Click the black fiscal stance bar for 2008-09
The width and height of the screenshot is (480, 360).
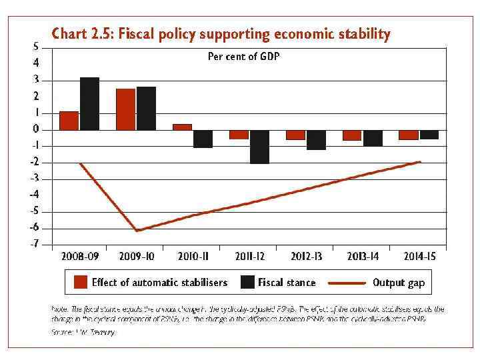click(x=89, y=104)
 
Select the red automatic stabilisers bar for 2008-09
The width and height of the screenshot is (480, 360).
click(x=69, y=121)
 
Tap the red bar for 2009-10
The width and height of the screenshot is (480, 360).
click(x=125, y=109)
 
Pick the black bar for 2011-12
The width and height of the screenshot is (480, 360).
click(x=260, y=147)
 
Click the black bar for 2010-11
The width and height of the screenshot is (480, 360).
click(x=203, y=139)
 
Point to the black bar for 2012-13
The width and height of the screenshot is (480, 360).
click(x=317, y=140)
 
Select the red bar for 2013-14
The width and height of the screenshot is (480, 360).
click(x=352, y=135)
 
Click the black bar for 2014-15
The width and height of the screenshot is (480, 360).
click(x=430, y=135)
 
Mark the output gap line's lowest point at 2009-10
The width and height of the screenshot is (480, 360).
click(x=137, y=231)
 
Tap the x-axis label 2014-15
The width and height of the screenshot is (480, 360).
click(x=424, y=256)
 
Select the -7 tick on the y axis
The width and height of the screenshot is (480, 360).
click(x=34, y=244)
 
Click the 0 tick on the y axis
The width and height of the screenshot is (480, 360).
click(x=36, y=129)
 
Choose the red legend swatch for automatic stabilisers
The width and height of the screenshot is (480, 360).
click(x=81, y=282)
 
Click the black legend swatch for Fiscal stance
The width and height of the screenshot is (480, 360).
click(x=247, y=282)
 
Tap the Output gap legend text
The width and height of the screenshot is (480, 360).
click(x=399, y=283)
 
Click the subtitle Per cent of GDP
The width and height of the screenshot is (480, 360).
click(x=244, y=57)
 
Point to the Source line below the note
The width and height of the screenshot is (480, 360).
click(x=83, y=332)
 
